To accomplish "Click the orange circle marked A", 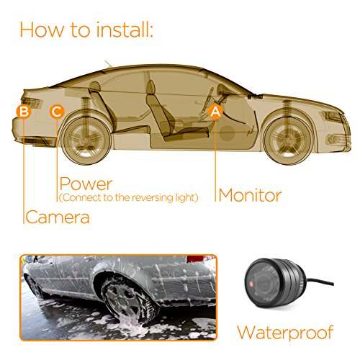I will coord(214,112).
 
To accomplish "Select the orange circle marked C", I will coord(57,112).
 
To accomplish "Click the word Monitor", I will coord(250,194).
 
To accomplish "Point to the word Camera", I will coord(58,217).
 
